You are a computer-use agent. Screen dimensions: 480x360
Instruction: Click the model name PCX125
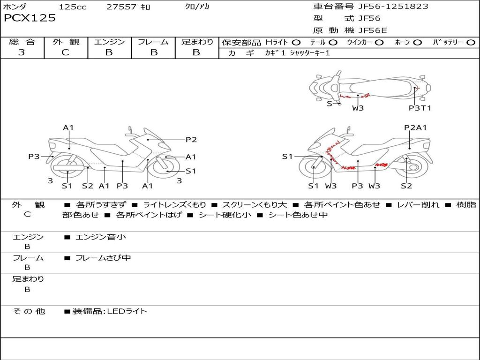pos(30,18)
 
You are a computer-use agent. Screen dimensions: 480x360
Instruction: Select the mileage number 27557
pos(121,7)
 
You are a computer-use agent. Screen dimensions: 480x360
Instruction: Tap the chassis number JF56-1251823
pos(386,7)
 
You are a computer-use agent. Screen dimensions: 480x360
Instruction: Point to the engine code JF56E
pos(373,30)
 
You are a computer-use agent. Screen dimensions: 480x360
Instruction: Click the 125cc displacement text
pos(73,7)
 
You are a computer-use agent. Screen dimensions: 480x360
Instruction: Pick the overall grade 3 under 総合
pos(22,52)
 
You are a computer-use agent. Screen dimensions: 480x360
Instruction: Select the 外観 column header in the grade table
pos(66,42)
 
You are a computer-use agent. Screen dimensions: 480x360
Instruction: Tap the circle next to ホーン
pos(417,42)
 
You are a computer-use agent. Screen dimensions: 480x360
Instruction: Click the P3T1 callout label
pos(420,108)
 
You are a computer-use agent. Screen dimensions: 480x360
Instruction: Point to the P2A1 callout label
pos(415,127)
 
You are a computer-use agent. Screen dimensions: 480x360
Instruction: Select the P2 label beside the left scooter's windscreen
pos(191,139)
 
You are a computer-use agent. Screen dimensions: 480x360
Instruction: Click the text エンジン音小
pos(101,237)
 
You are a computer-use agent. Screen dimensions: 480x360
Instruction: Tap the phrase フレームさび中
pos(103,258)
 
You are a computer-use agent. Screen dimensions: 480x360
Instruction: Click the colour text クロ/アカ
pos(197,7)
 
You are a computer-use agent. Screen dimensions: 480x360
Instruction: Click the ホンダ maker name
pos(15,7)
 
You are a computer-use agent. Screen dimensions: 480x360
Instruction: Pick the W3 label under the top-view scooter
pos(358,108)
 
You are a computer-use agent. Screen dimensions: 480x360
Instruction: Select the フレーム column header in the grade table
pos(153,42)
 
